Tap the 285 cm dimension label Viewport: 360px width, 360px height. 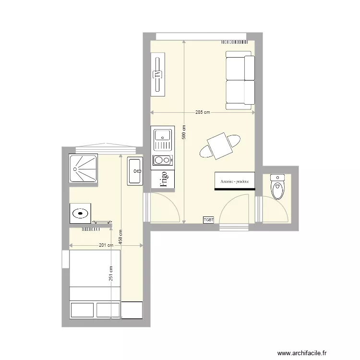click(203, 113)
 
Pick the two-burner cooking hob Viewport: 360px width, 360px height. click(162, 160)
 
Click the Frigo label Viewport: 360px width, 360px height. click(163, 180)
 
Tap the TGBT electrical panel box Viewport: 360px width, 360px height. click(208, 220)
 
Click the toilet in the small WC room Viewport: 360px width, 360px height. click(277, 187)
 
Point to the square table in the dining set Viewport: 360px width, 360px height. click(220, 146)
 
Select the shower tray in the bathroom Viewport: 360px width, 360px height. click(83, 168)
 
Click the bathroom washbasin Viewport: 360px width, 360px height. click(135, 171)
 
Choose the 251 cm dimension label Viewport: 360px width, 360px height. click(111, 274)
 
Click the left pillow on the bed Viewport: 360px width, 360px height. click(82, 310)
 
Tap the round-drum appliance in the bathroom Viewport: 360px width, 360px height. click(80, 212)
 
